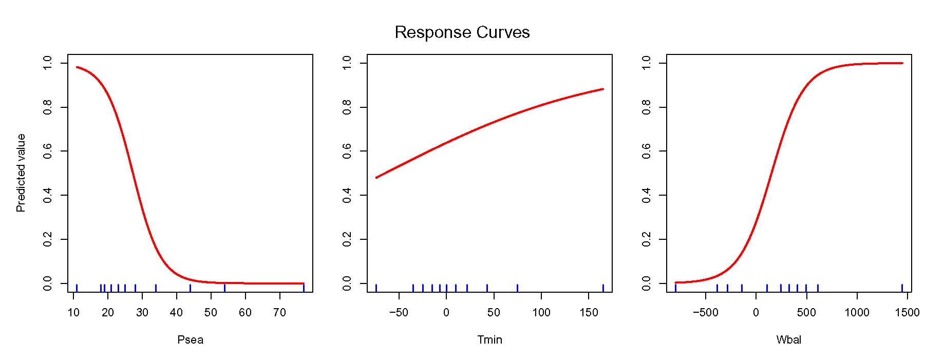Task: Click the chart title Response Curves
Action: tap(462, 32)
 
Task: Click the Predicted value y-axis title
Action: tap(21, 173)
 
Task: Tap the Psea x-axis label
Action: tap(190, 340)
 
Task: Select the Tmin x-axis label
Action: tap(489, 340)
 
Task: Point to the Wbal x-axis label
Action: tap(788, 340)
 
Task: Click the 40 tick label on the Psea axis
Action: tap(176, 312)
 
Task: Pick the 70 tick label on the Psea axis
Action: tap(279, 312)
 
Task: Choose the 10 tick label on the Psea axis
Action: tap(73, 312)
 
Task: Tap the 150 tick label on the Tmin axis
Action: tap(589, 312)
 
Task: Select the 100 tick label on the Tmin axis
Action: tap(541, 312)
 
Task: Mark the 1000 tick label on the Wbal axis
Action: tap(857, 312)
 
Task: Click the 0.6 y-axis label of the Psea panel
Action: tap(48, 151)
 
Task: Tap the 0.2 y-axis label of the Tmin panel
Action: tap(347, 239)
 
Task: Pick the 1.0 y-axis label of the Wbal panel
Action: tap(647, 63)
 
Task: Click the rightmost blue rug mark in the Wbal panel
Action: tap(902, 288)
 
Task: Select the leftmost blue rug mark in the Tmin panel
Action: tap(376, 288)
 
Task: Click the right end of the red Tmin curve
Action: tap(603, 89)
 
